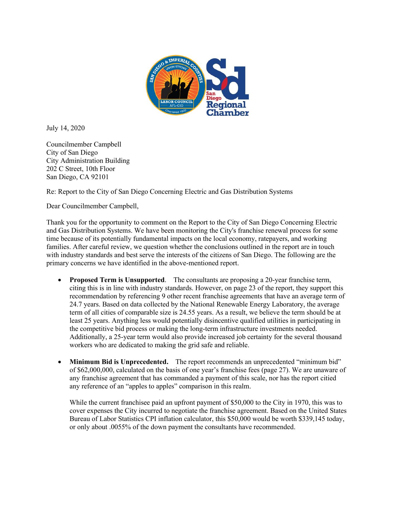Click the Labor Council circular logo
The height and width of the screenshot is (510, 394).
(175, 86)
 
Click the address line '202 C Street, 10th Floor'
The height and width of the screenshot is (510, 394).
(81, 169)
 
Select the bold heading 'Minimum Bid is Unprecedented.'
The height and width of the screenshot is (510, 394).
(119, 362)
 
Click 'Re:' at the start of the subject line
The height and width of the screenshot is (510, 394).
(51, 191)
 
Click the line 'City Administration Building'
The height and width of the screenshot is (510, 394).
(88, 161)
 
